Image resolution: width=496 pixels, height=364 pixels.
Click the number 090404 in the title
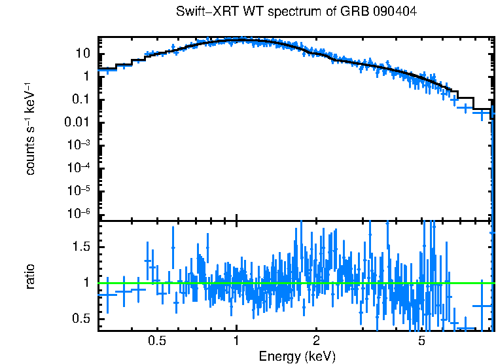394,12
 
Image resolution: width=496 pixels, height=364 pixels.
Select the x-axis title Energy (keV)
297,356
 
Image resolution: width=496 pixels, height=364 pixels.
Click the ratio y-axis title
30,276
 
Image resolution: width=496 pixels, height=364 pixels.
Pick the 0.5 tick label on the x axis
156,340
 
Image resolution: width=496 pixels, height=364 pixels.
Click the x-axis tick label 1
236,340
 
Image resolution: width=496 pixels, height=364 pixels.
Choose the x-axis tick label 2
316,340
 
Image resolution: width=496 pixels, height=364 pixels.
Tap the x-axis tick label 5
421,340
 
